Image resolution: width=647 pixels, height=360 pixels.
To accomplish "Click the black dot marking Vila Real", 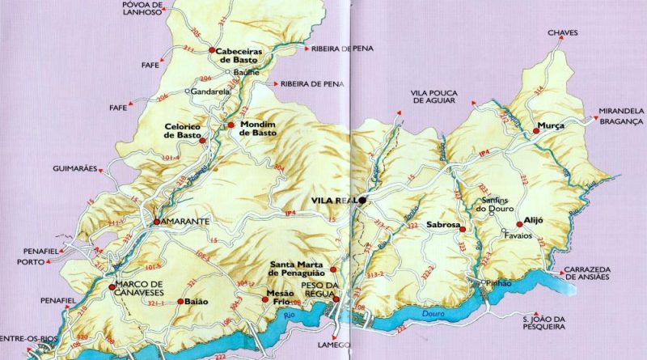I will click(x=363, y=200).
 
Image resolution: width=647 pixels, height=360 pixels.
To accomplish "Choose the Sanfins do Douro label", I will click(x=494, y=206).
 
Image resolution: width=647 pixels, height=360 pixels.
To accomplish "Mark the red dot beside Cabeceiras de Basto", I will click(x=211, y=50).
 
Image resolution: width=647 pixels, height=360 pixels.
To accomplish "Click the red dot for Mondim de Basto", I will click(x=230, y=125).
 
